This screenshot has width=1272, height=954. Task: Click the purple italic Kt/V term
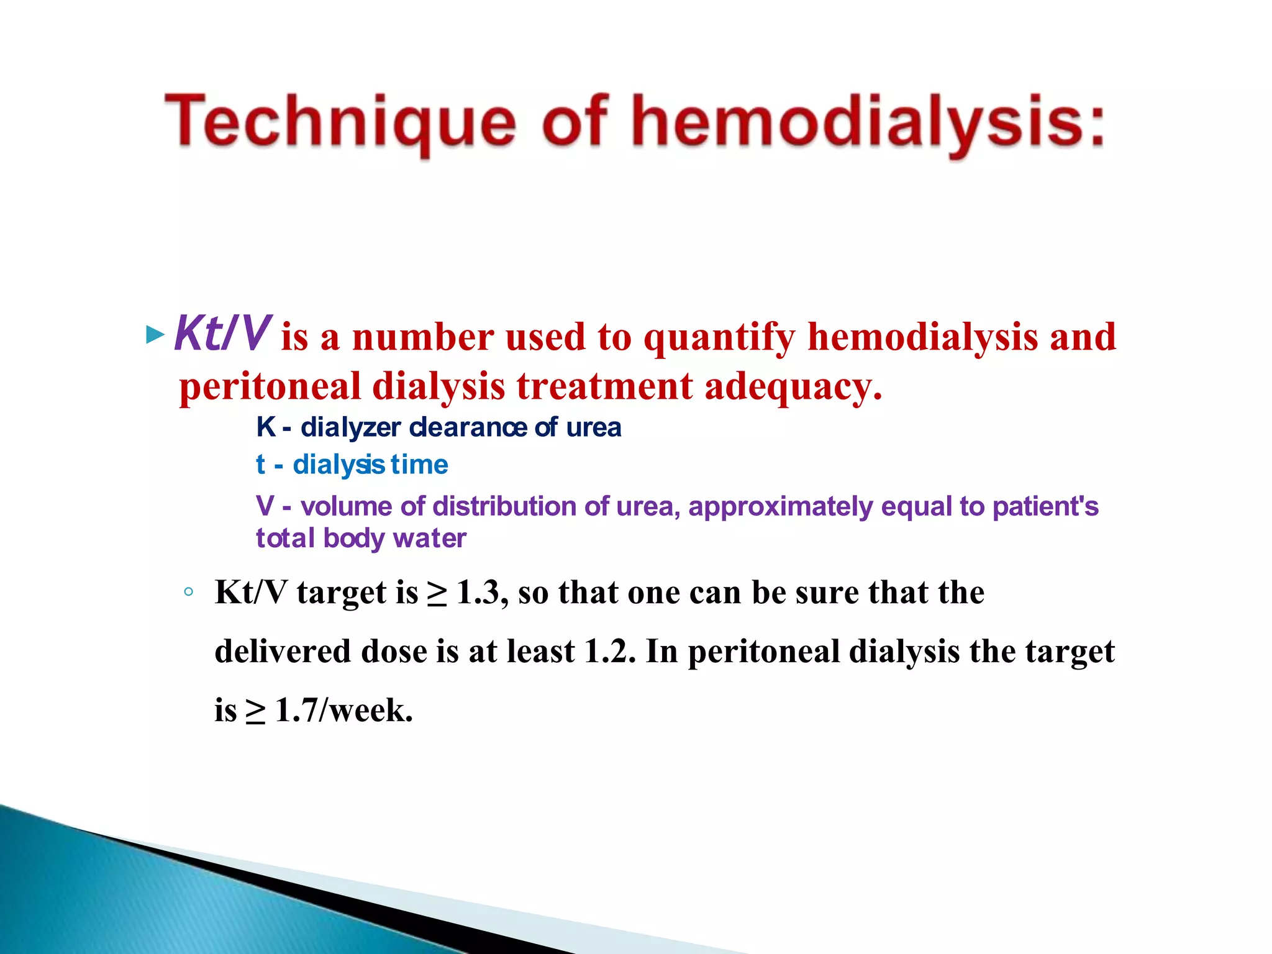[222, 334]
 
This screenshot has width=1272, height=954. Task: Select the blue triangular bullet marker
[154, 335]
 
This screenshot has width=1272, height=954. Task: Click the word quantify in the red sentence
[719, 337]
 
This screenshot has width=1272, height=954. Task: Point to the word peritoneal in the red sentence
[270, 386]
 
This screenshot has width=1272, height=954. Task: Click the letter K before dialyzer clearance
[265, 427]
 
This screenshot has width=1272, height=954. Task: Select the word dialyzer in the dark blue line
[351, 427]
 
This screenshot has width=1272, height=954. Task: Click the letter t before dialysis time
[261, 465]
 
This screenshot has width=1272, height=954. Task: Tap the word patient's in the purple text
[1045, 506]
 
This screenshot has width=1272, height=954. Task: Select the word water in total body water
[429, 538]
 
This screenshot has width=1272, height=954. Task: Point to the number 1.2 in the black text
[610, 652]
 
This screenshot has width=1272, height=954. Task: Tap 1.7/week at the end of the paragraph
[343, 710]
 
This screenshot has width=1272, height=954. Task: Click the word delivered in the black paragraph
[283, 652]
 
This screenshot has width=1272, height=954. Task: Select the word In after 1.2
[661, 652]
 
